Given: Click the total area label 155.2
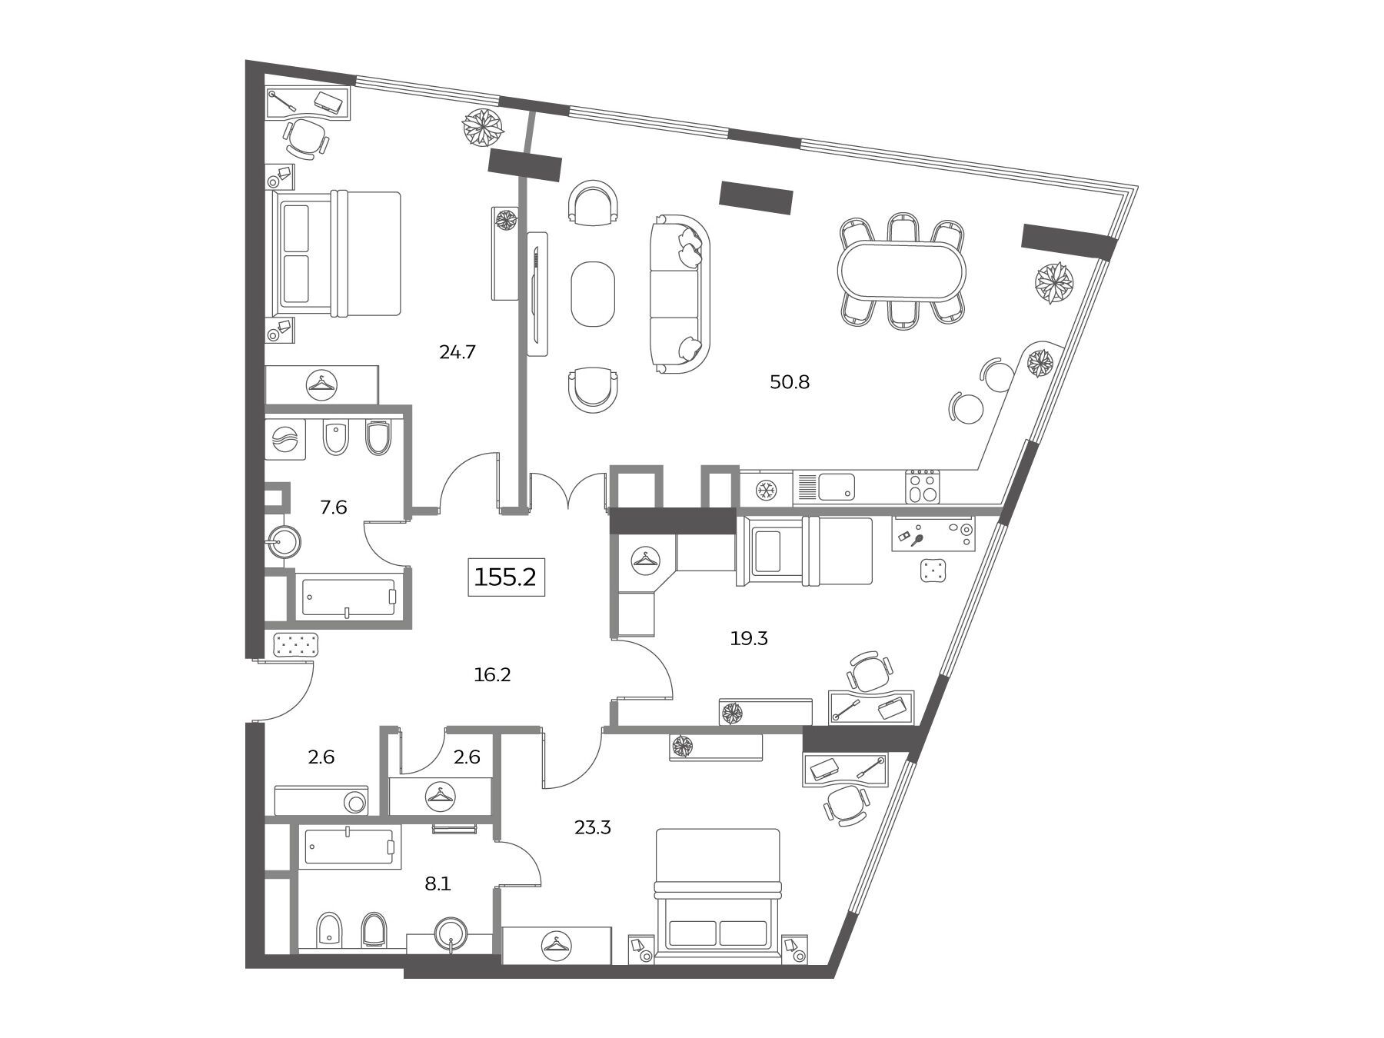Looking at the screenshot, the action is pos(506,577).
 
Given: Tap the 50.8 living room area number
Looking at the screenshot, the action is pos(790,382).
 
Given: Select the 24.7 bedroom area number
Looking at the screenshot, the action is pos(457,352).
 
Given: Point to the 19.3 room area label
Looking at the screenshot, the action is pos(749,638).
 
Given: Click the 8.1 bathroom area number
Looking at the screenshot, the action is pos(437,884).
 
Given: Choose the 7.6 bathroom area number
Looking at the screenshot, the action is pos(334,507).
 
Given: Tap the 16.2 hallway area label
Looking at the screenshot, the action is pos(493,675).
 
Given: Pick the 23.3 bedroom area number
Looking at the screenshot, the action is pos(593,828).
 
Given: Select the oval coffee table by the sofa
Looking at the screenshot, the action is pos(593,294).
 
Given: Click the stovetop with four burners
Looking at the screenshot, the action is pos(923,487).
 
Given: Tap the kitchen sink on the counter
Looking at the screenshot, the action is pos(837,486).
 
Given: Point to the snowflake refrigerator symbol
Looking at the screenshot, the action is pos(766,489).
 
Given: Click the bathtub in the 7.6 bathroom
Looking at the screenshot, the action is pos(350,597).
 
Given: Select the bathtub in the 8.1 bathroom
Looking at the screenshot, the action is pos(350,848).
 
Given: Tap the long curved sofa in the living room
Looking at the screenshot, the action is pos(679,294).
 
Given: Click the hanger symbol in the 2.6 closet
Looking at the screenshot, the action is pos(440,796).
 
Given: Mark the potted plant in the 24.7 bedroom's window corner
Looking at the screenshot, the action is pos(483,128).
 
